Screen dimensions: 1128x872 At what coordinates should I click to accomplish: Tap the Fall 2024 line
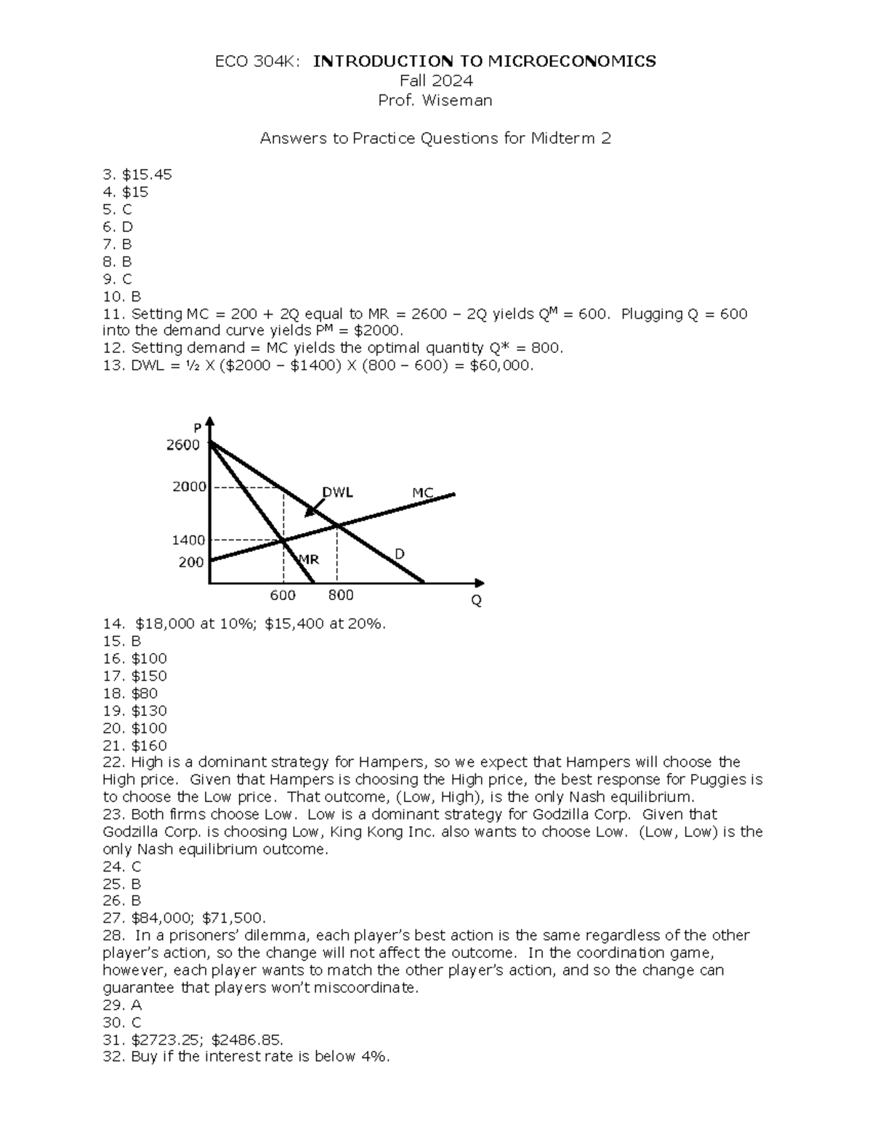(x=436, y=81)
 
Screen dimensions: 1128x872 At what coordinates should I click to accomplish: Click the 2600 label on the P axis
(x=183, y=445)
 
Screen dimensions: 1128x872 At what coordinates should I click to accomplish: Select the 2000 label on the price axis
(x=189, y=487)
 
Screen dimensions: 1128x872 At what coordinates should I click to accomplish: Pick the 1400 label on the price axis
(x=188, y=540)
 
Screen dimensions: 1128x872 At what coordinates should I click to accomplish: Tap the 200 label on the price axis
(x=191, y=562)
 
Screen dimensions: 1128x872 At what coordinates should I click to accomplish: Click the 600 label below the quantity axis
(x=283, y=596)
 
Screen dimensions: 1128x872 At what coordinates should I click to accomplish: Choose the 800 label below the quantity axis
(x=341, y=596)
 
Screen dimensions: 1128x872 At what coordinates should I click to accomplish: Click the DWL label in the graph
(x=338, y=492)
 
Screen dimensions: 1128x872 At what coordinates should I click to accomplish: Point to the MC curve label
(x=423, y=493)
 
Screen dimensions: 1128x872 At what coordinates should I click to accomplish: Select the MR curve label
(x=309, y=560)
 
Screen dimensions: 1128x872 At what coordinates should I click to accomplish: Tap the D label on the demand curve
(x=399, y=554)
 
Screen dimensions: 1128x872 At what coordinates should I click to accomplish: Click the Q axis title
(x=477, y=601)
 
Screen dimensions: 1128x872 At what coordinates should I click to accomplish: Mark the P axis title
(x=197, y=428)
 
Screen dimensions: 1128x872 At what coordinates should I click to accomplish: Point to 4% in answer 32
(x=374, y=1057)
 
